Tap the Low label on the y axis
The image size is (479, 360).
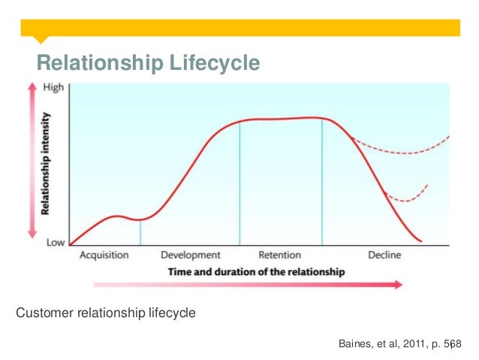click(56, 243)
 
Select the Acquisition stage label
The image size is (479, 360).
click(104, 256)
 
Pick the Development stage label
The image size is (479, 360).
click(191, 256)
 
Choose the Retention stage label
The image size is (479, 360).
click(279, 256)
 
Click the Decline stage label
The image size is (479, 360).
click(384, 256)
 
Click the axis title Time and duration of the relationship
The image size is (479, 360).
click(256, 271)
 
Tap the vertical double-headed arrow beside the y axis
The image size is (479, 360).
click(32, 162)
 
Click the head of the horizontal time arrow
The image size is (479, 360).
click(398, 285)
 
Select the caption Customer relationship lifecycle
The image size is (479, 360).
click(105, 312)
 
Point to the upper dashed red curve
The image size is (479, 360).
click(405, 153)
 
